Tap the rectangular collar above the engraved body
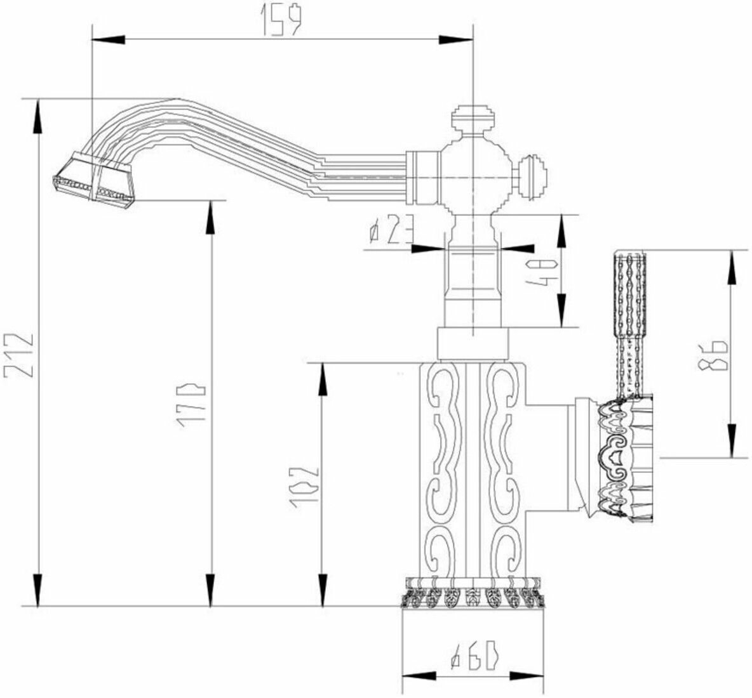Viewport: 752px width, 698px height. (x=474, y=345)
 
